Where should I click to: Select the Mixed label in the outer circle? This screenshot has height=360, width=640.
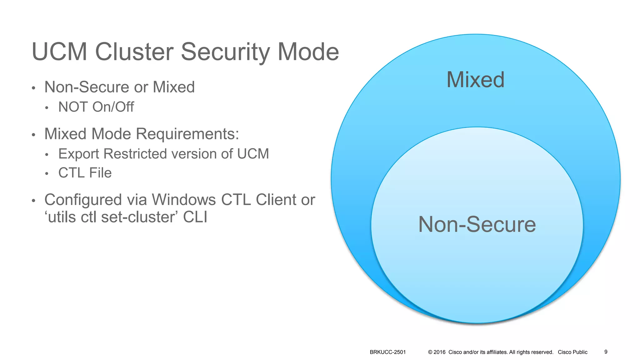pos(475,80)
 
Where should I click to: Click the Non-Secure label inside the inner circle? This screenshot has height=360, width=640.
pos(477,224)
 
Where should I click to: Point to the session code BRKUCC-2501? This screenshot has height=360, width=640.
pos(387,352)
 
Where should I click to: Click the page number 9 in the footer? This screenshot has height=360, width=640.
pos(606,352)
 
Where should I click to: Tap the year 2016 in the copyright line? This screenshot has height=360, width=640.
pos(439,352)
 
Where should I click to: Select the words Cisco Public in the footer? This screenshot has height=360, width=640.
pos(572,352)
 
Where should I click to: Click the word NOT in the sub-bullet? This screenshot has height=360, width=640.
pos(73,107)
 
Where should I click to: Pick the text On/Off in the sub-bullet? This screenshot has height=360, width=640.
pos(113,107)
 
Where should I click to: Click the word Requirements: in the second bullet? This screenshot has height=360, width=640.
pos(187,134)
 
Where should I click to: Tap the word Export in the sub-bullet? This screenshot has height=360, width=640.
pos(79,154)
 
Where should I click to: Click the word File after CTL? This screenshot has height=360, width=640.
pos(100,173)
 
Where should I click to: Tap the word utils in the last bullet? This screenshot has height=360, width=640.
pos(62,217)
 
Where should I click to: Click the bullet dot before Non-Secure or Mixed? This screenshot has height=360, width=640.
pos(33,88)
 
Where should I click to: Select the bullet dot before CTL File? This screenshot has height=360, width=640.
pos(47,174)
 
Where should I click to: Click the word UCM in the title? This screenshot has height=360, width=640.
pos(59,52)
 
